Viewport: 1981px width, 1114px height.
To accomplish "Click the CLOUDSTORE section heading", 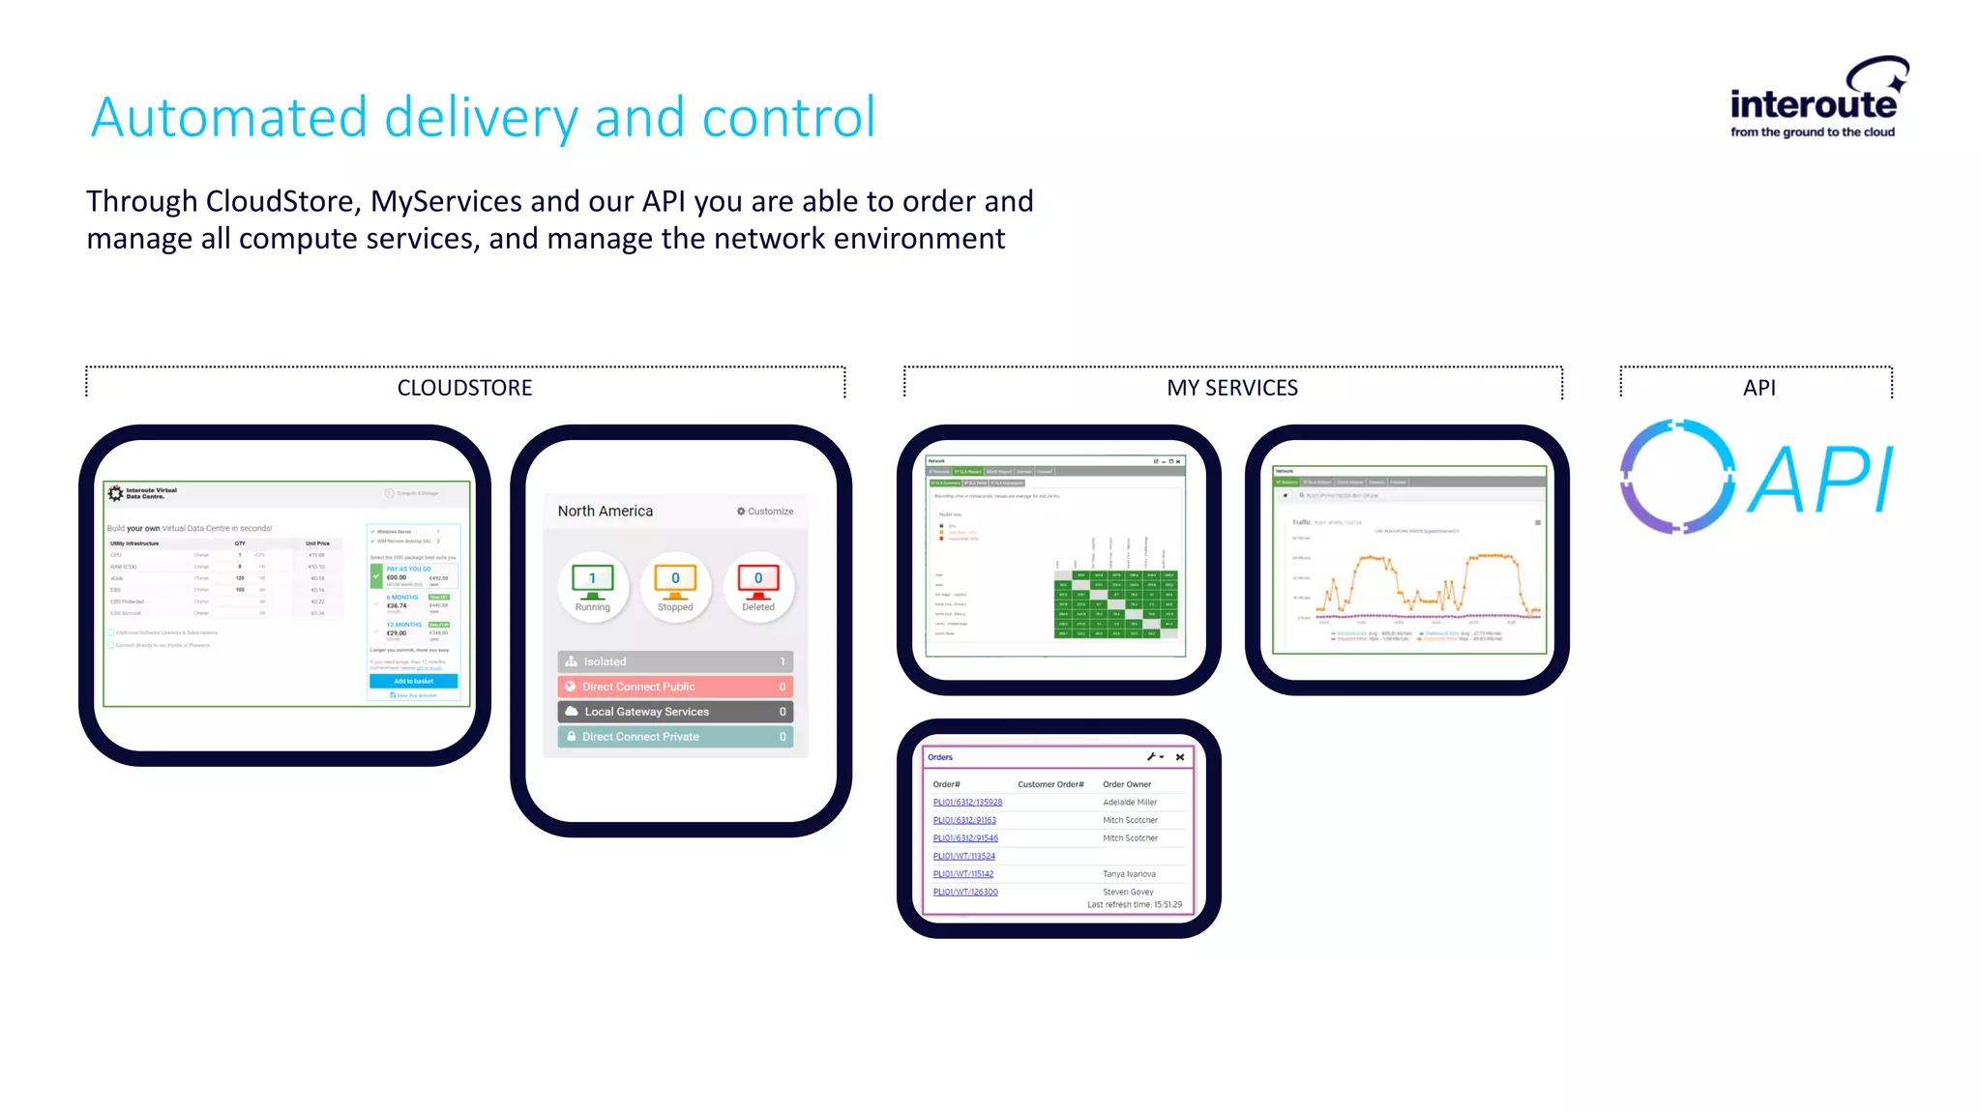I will (x=464, y=388).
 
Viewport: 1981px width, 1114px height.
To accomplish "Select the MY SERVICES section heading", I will (x=1231, y=388).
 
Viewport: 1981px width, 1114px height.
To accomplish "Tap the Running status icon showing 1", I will (x=593, y=586).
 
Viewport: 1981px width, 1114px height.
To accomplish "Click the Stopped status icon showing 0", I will (x=675, y=586).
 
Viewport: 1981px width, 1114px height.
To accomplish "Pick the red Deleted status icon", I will (x=758, y=586).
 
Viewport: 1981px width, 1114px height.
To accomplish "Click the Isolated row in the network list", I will (x=675, y=661).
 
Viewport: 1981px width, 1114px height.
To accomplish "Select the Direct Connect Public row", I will (x=675, y=687).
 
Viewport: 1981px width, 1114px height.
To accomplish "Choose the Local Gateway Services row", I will (x=675, y=712).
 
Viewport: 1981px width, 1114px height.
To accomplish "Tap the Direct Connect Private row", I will (x=675, y=737).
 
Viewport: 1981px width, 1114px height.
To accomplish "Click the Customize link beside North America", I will (x=765, y=512).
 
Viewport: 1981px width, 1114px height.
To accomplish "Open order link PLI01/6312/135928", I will (x=967, y=803).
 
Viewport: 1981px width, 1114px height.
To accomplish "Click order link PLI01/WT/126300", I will (x=965, y=893).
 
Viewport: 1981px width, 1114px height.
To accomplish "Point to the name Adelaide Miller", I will (x=1130, y=803).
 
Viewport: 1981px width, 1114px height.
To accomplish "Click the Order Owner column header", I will (x=1127, y=784).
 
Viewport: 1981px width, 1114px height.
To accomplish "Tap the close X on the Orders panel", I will (x=1180, y=757).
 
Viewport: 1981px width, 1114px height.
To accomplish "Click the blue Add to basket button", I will (x=413, y=682).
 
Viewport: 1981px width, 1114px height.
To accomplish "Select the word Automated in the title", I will (x=228, y=118).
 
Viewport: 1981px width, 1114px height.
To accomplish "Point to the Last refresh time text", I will (x=1134, y=905).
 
